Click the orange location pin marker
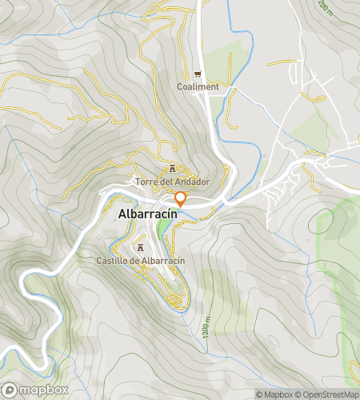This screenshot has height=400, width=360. click(x=181, y=200)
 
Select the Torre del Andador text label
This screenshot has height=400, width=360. click(x=173, y=182)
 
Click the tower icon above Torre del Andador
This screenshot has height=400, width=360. click(x=173, y=169)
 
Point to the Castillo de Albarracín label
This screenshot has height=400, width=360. click(x=141, y=261)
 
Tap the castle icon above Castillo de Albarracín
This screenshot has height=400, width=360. click(x=142, y=248)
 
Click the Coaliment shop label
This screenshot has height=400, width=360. click(x=198, y=86)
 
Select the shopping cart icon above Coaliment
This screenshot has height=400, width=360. click(x=198, y=74)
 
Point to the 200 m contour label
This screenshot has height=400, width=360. click(x=326, y=7)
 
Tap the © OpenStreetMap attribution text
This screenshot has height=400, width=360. click(x=328, y=394)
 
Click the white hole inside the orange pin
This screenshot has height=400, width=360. click(x=181, y=198)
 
